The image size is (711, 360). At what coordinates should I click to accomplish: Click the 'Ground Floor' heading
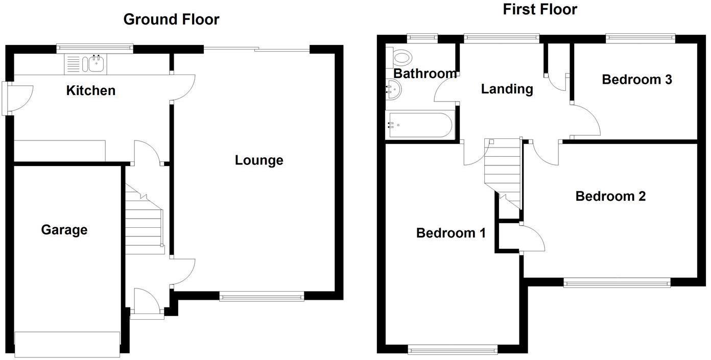pyautogui.click(x=171, y=19)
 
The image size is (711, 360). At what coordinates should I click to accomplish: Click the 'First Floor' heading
pyautogui.click(x=540, y=9)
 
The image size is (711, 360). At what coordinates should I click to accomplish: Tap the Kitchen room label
pyautogui.click(x=91, y=90)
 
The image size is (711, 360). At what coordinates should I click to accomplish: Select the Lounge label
pyautogui.click(x=259, y=160)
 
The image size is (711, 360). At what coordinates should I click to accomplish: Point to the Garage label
pyautogui.click(x=64, y=230)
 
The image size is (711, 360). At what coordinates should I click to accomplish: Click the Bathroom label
pyautogui.click(x=425, y=74)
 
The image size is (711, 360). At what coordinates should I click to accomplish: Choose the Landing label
pyautogui.click(x=507, y=89)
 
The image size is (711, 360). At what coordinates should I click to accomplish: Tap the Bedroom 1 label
pyautogui.click(x=451, y=233)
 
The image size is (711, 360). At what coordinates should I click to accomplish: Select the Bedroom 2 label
pyautogui.click(x=610, y=196)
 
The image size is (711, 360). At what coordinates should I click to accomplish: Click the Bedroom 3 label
pyautogui.click(x=636, y=79)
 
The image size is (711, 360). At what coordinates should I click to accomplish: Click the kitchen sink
pyautogui.click(x=96, y=64)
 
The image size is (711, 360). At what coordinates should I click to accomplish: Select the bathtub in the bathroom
pyautogui.click(x=419, y=125)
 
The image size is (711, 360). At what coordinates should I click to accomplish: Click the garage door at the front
pyautogui.click(x=67, y=344)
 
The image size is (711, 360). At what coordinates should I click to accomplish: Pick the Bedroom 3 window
pyautogui.click(x=641, y=38)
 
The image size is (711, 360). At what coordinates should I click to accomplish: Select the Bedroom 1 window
pyautogui.click(x=453, y=349)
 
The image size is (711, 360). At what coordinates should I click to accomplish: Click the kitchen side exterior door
pyautogui.click(x=6, y=98)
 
